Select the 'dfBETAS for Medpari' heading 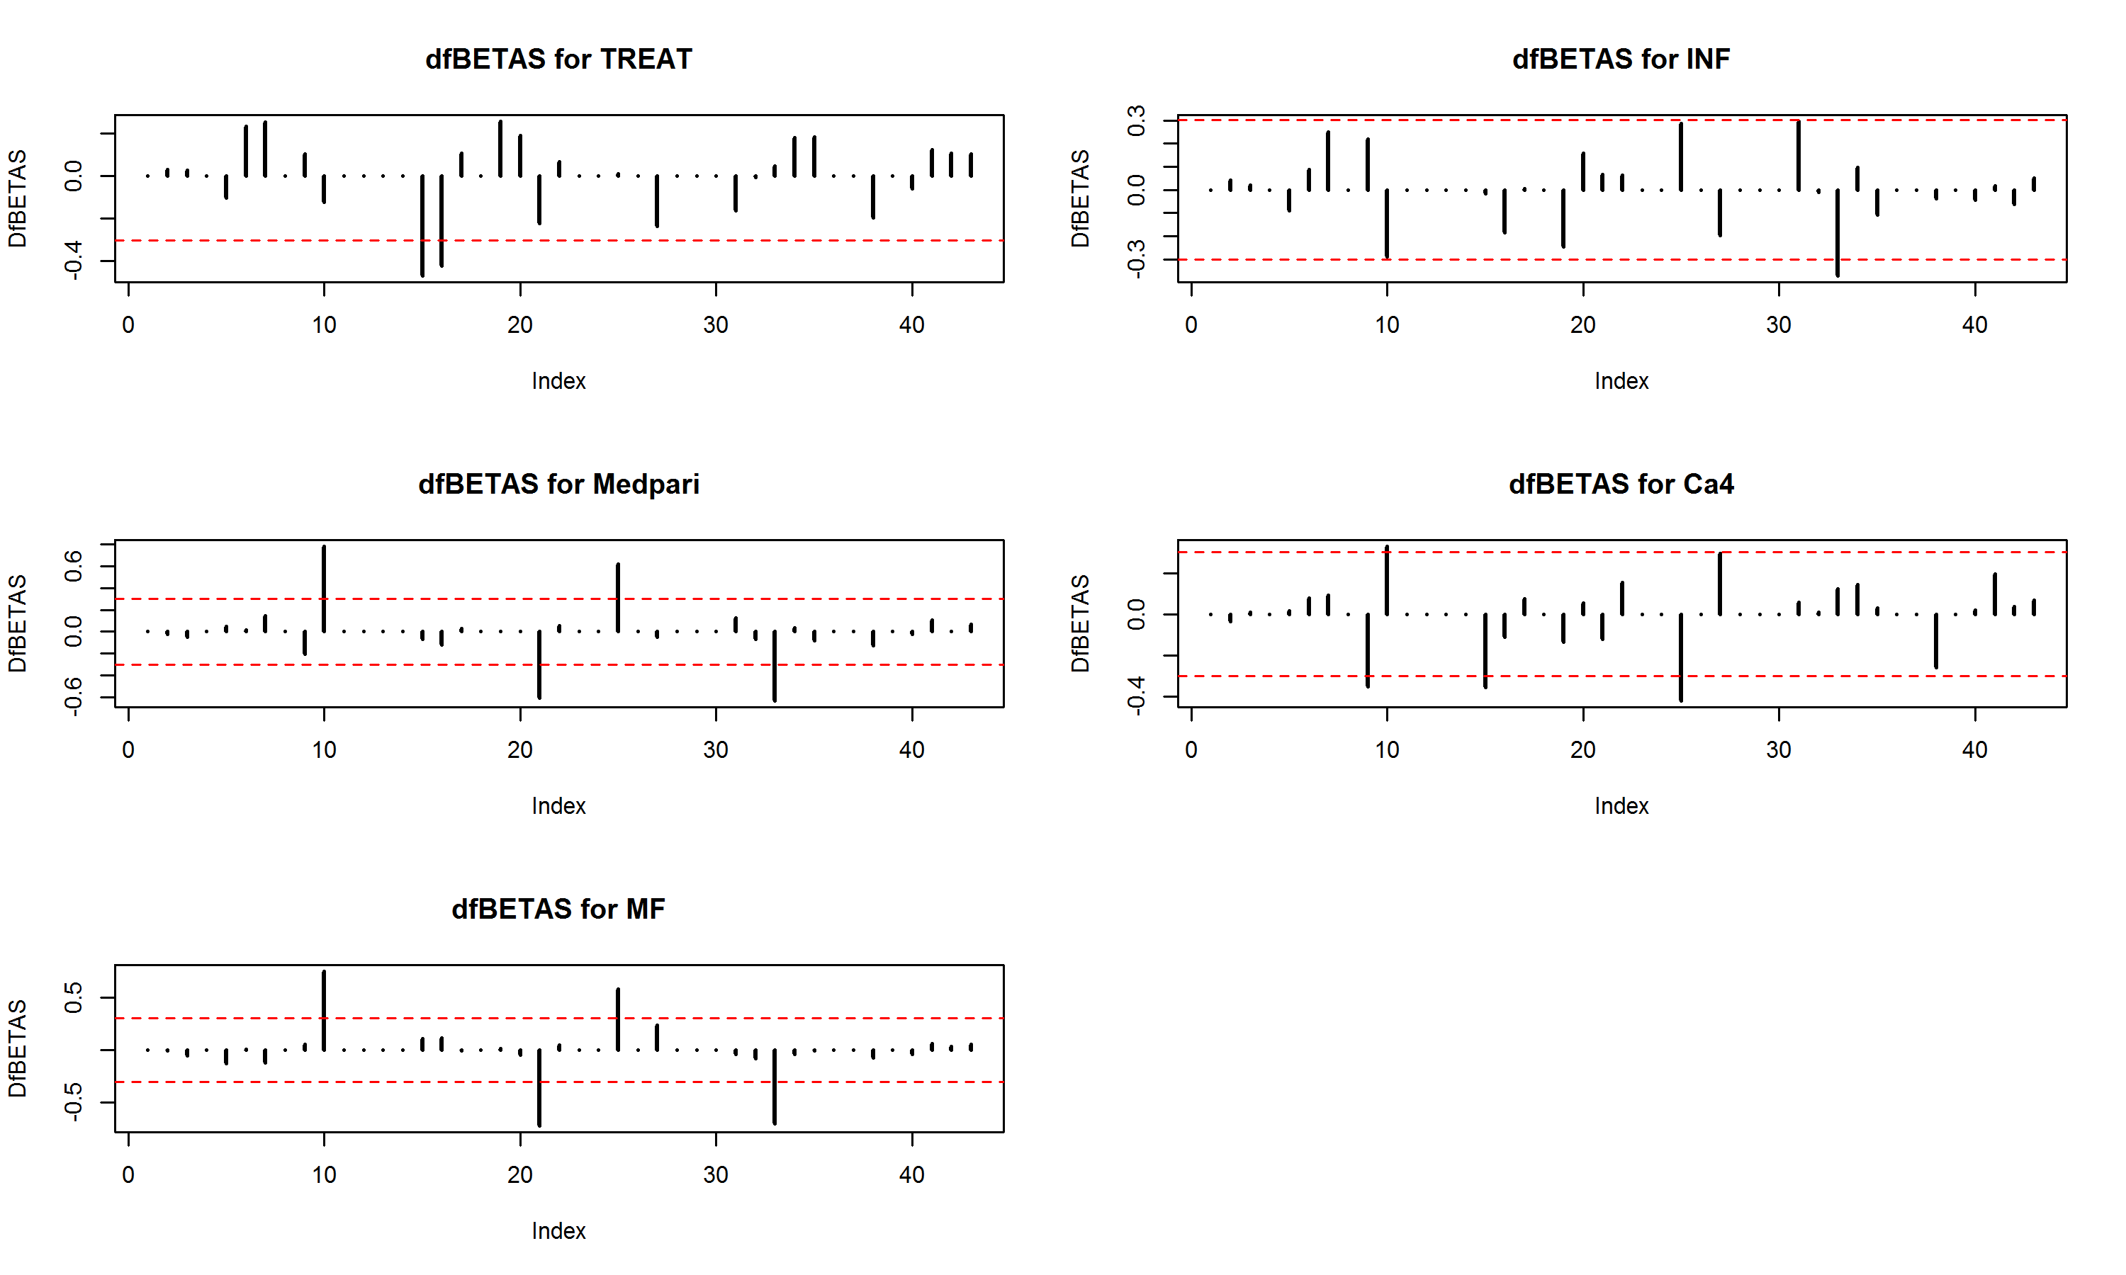click(x=558, y=484)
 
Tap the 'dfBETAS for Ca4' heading click(x=1621, y=484)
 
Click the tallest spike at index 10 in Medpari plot click(x=324, y=589)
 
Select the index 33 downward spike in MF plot click(x=775, y=1087)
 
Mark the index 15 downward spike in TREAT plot click(x=422, y=225)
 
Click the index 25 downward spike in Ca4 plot click(x=1681, y=657)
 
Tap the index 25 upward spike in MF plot click(x=618, y=1020)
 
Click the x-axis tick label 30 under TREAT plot click(x=716, y=324)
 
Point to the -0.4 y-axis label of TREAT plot click(x=73, y=259)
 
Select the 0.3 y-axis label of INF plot click(x=1136, y=120)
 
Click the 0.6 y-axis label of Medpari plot click(x=73, y=565)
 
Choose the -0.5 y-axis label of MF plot click(x=73, y=1101)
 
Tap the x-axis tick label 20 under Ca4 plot click(x=1583, y=750)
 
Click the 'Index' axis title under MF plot click(x=558, y=1230)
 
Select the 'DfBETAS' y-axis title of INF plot click(x=1080, y=198)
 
